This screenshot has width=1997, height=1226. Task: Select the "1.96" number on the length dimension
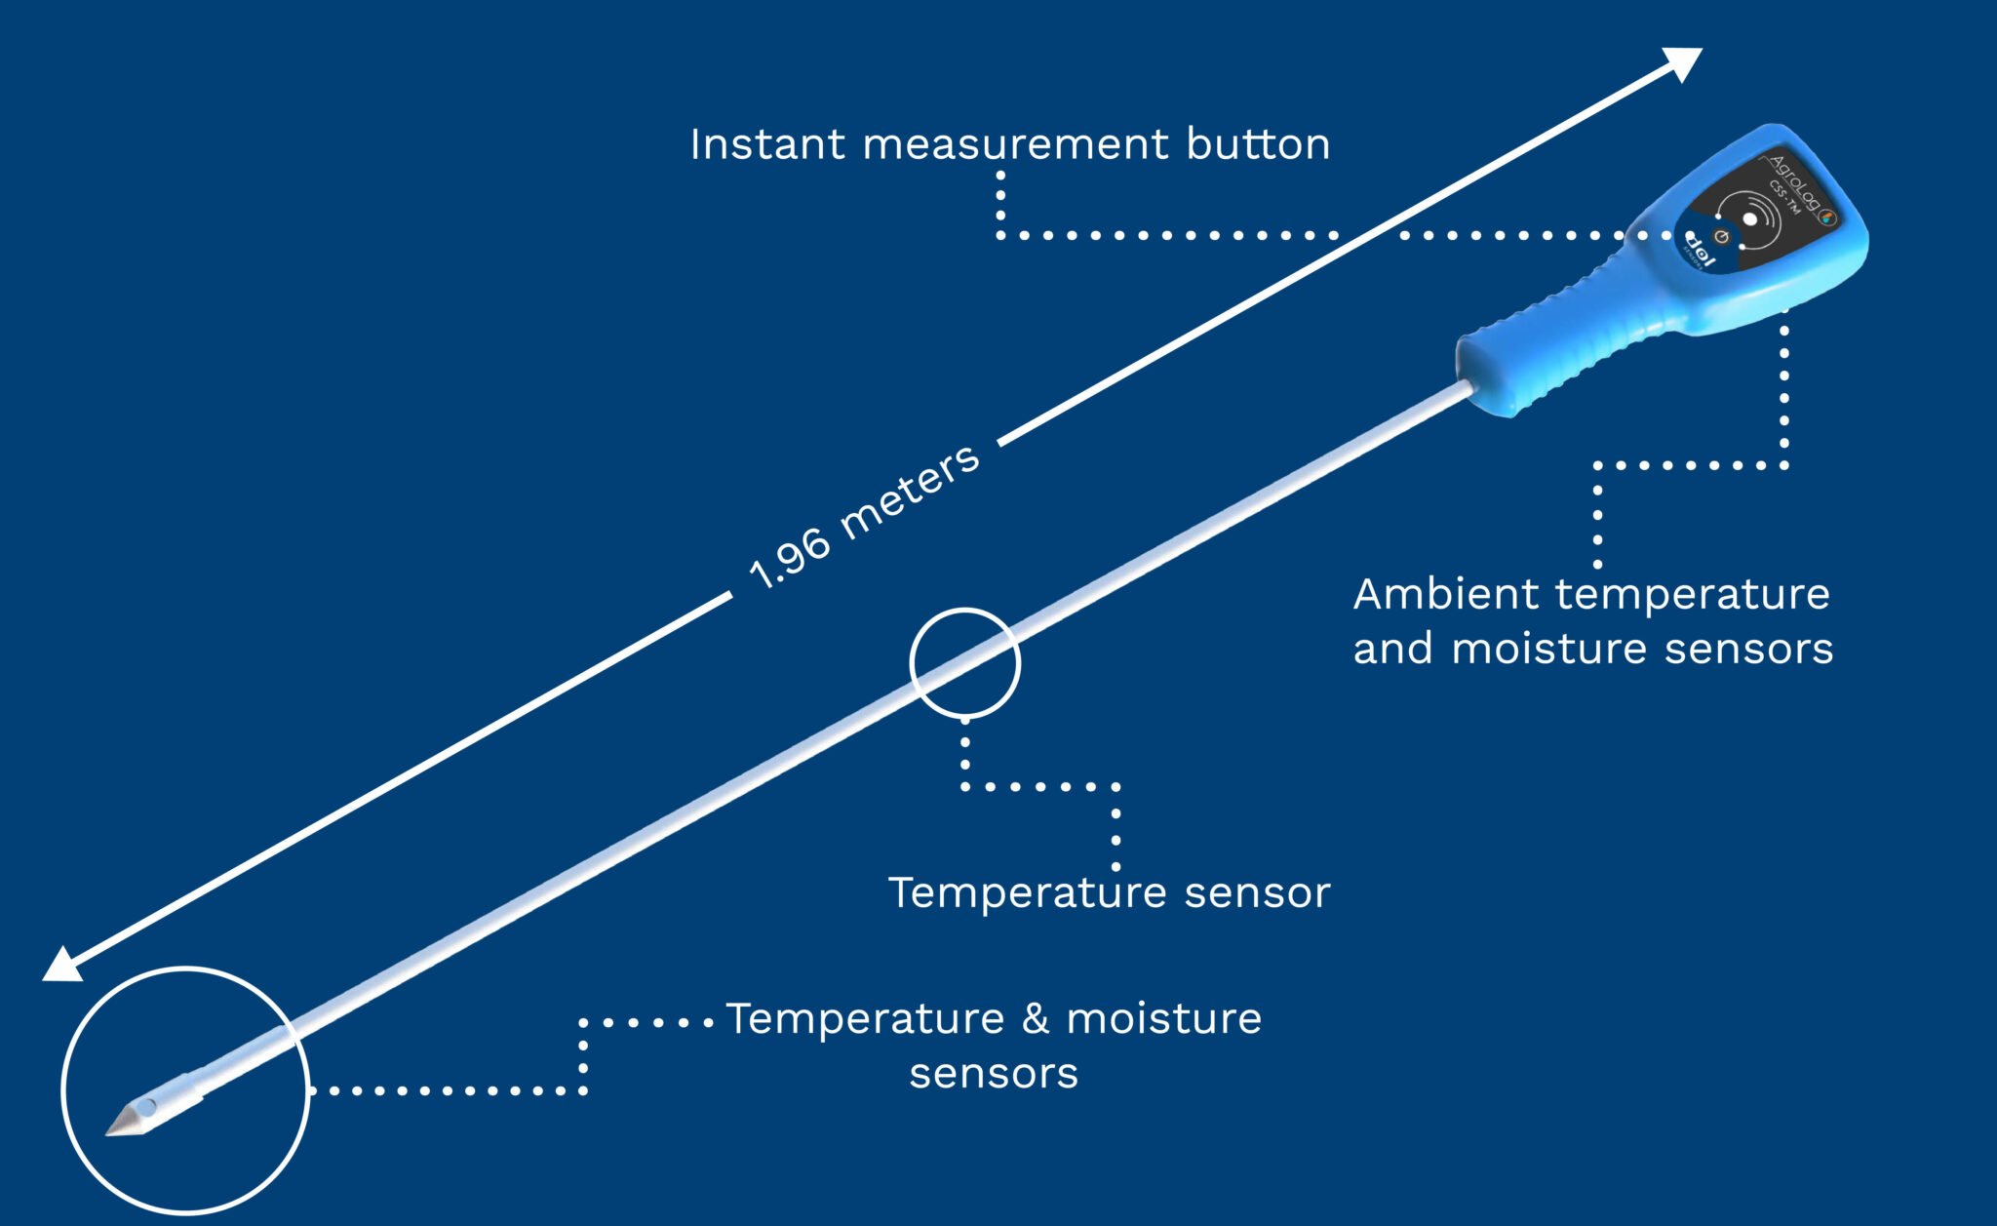coord(789,561)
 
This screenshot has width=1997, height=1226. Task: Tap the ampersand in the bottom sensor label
coord(1036,1018)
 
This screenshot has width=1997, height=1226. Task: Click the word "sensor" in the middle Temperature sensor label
coord(1257,892)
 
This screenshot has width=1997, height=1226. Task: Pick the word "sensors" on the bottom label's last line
coord(994,1073)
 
